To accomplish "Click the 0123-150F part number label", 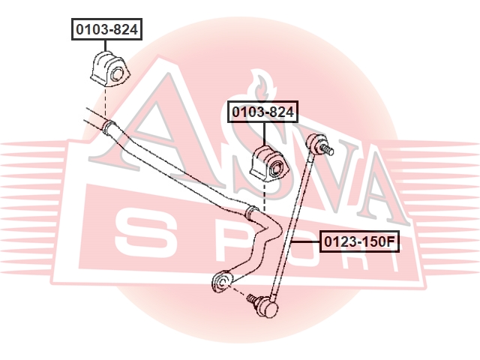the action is [x=360, y=241].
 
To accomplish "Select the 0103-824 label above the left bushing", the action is [x=106, y=29].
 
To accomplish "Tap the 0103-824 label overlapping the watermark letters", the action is [x=262, y=112].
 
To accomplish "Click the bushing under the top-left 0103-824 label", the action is [x=110, y=70].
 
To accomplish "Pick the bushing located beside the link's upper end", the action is [x=269, y=163].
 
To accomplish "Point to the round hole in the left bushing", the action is [x=117, y=75].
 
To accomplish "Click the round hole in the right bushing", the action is [x=277, y=167].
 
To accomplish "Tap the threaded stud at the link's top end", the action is [x=327, y=149].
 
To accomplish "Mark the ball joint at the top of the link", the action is [x=315, y=141].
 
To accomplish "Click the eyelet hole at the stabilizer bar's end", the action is [x=223, y=281].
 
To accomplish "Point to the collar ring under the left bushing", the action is [x=109, y=128].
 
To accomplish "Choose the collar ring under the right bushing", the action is [x=252, y=213].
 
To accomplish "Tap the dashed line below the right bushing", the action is [x=265, y=195].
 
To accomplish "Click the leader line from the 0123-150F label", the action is [x=305, y=241].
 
